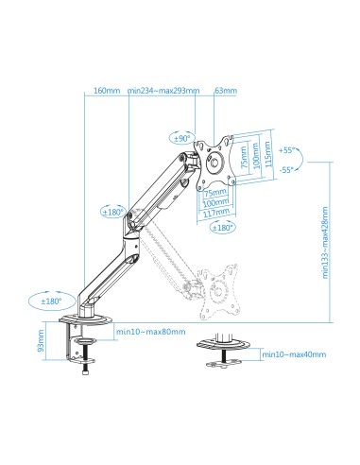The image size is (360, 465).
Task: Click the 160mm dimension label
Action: [x=107, y=91]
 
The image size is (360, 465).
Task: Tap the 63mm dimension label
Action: [x=227, y=91]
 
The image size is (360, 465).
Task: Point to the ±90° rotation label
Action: [x=180, y=138]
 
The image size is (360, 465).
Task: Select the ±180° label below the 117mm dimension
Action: [x=223, y=228]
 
